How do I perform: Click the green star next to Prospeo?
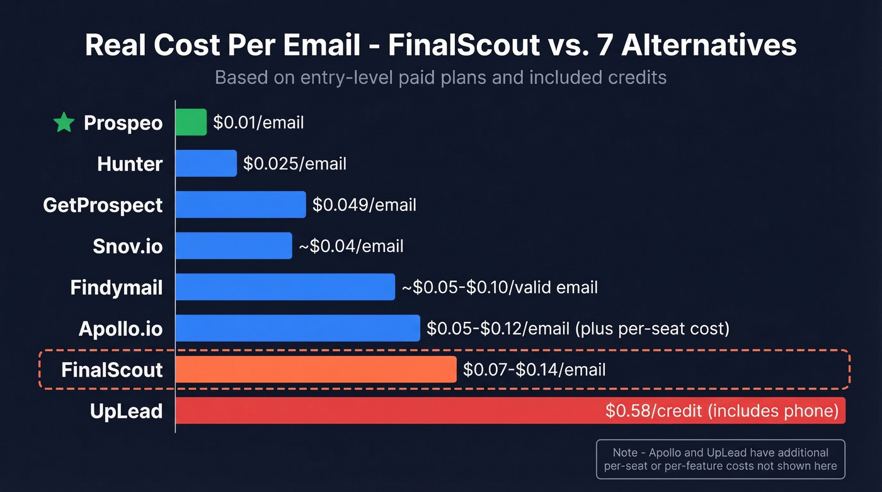[64, 122]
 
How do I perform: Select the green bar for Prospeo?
[191, 122]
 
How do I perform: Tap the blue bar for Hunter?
[206, 164]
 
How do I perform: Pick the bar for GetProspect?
[241, 205]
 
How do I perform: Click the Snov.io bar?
[234, 246]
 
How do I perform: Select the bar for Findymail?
[285, 287]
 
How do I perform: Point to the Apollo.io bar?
[297, 328]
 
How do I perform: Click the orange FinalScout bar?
[316, 369]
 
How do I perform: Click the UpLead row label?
[126, 411]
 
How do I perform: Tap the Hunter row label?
[130, 164]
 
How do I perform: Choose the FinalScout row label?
[112, 369]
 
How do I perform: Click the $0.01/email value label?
[258, 122]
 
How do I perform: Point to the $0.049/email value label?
[364, 205]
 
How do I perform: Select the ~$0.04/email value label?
[351, 246]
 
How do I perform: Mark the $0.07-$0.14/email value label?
[534, 369]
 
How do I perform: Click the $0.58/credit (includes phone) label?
[721, 411]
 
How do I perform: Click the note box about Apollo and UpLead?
[720, 459]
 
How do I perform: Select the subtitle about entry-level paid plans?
[440, 77]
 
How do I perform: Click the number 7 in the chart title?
[604, 46]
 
